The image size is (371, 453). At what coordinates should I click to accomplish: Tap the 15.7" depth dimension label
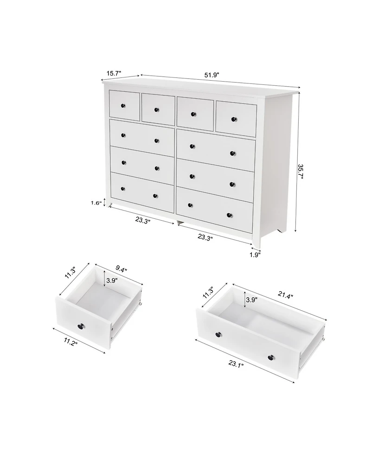[114, 73]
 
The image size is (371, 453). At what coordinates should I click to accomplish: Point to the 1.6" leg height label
[96, 203]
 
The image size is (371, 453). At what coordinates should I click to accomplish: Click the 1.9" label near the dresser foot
[255, 254]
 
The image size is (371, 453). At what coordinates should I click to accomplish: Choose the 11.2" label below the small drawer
[71, 343]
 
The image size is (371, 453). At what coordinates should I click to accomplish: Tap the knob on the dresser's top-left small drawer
[123, 106]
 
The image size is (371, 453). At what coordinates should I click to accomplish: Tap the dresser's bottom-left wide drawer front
[141, 192]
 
